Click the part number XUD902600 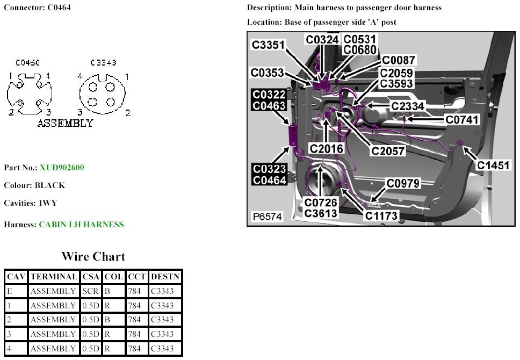(x=62, y=168)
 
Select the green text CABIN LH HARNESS (x=81, y=225)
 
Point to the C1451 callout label (x=494, y=165)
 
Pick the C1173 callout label (x=381, y=216)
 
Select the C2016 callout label (x=327, y=148)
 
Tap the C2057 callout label (x=388, y=151)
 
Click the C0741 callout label (x=462, y=119)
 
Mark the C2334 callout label (x=408, y=106)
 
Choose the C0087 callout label (x=398, y=60)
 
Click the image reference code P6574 (x=268, y=217)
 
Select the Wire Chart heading (x=93, y=256)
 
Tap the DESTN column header (x=165, y=277)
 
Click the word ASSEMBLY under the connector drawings (x=65, y=124)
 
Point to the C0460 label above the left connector (x=28, y=63)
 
